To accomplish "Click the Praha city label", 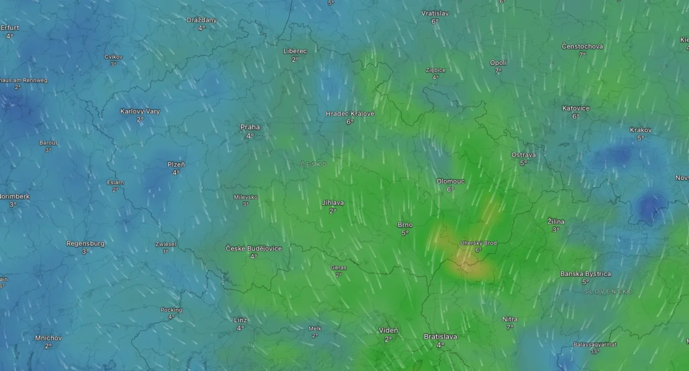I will [x=250, y=127].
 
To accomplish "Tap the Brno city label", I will [x=405, y=225].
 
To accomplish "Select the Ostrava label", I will [x=523, y=155].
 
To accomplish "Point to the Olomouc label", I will [x=450, y=181].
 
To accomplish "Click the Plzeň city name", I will [x=176, y=165].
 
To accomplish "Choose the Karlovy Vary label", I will [x=140, y=111].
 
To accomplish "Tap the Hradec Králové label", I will [x=350, y=114].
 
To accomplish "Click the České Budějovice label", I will [x=253, y=248].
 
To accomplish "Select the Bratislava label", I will [x=440, y=337].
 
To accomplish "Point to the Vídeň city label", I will [x=388, y=331].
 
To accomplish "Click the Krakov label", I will [x=640, y=130].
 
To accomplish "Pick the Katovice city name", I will [x=575, y=108].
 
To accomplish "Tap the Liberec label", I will [x=295, y=51].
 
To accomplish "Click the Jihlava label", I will [x=333, y=203].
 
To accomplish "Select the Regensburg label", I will [x=86, y=244].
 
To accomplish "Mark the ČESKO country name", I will [x=313, y=165].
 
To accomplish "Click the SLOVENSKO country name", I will [x=608, y=292].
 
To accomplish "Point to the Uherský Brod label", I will [x=478, y=243].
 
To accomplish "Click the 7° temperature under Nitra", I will [x=509, y=327].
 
